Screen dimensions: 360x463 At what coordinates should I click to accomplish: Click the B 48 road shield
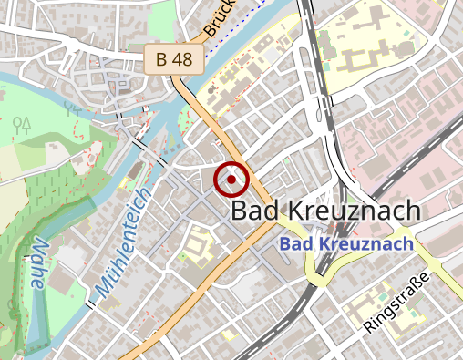[173, 60]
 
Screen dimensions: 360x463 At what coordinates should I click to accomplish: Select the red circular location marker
[231, 180]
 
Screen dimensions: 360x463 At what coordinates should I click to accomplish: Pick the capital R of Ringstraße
[369, 328]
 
